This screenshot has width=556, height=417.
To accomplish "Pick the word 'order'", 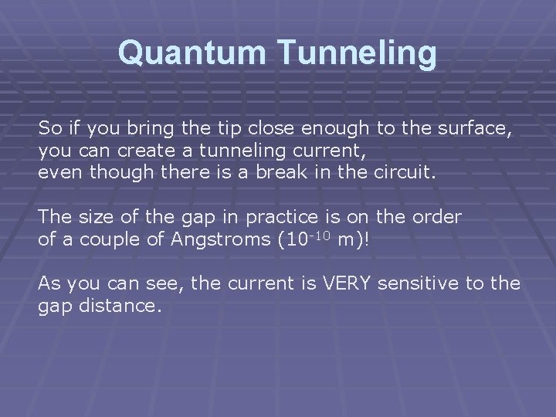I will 439,217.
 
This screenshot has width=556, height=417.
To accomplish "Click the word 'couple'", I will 113,239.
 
